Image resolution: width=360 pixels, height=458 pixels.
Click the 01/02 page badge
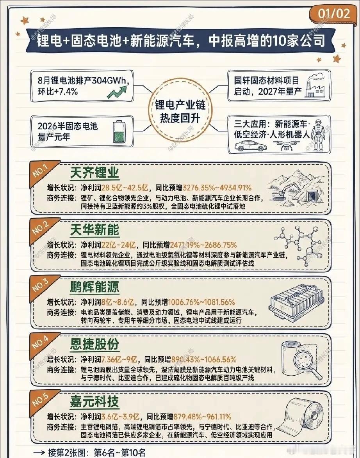[x=334, y=14]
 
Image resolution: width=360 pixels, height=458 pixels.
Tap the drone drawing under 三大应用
[x=286, y=145]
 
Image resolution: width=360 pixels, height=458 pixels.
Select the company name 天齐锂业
[x=94, y=173]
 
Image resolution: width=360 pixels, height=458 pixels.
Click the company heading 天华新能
[x=94, y=230]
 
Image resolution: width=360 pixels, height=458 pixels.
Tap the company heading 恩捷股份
[x=94, y=344]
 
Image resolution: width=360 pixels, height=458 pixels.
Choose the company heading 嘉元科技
[x=94, y=401]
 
